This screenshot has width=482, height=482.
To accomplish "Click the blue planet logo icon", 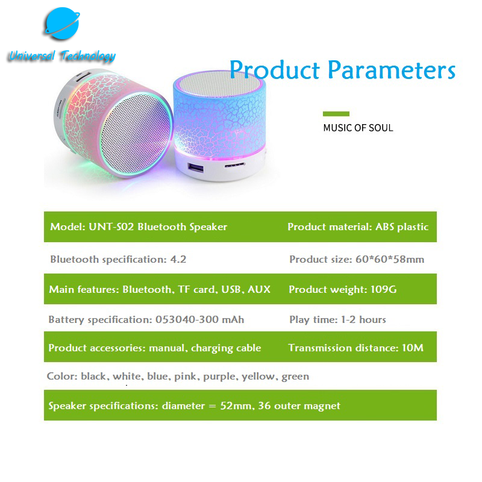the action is (62, 23).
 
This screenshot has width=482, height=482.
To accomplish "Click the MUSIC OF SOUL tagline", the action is (358, 128).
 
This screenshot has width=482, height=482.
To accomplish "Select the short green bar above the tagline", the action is (336, 114).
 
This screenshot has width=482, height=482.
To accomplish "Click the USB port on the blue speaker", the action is (195, 168).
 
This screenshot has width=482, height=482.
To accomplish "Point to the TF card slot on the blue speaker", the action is (234, 165).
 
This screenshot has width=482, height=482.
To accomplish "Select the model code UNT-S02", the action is (111, 227).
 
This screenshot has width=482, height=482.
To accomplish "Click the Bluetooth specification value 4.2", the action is (178, 260).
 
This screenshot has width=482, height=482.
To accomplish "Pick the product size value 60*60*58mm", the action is (390, 260).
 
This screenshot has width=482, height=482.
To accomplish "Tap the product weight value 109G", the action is (383, 289).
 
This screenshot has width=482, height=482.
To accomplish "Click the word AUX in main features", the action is (259, 289).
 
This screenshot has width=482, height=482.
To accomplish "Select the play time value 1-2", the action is (348, 320).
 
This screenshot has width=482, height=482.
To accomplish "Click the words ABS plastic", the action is (402, 227).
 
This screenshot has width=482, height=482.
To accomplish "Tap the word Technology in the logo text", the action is (88, 56).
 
